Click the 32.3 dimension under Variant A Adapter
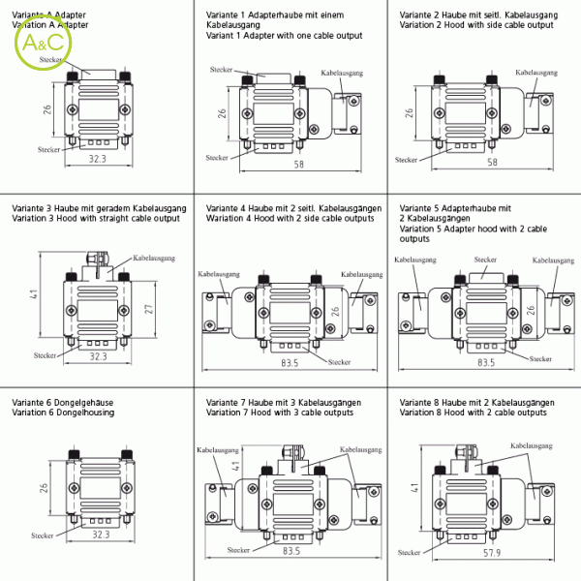98,157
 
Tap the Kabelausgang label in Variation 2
534,74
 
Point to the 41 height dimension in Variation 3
32,293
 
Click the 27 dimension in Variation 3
147,309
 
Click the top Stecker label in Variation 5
486,260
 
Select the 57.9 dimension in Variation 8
491,552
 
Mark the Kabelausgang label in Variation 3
154,259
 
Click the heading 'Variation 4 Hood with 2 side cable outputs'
290,218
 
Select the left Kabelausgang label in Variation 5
414,260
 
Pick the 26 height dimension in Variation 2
409,113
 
